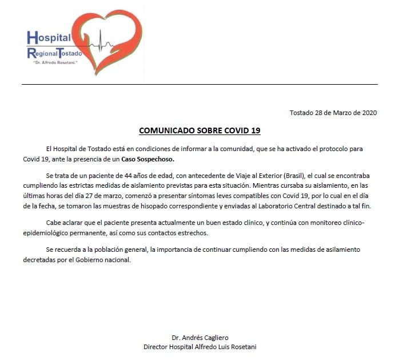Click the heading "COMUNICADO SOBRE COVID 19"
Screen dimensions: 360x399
pos(199,130)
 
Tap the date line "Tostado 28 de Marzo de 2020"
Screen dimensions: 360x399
pos(332,113)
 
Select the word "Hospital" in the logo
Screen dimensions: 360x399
pos(49,38)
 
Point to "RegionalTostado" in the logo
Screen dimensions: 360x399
pos(55,54)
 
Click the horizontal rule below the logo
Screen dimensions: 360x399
pos(199,84)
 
